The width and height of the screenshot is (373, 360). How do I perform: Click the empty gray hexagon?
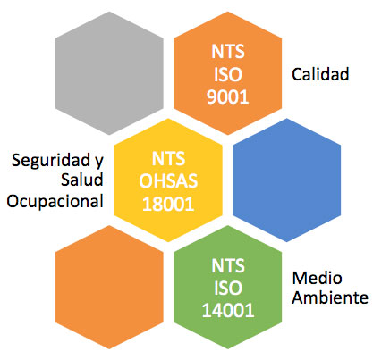tap(109, 73)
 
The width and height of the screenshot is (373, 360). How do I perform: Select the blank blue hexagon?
tap(286, 180)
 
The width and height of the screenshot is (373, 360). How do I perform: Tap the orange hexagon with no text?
tap(109, 287)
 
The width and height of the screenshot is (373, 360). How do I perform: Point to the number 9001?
tap(228, 96)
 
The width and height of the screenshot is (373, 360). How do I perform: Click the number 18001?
tap(168, 204)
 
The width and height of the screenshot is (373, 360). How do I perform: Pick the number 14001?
tap(228, 311)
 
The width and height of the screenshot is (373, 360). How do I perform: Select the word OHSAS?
tap(168, 181)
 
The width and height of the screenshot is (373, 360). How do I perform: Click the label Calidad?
tap(320, 74)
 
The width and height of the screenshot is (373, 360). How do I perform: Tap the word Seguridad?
tap(51, 161)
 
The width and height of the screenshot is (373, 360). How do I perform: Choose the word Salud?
tap(82, 180)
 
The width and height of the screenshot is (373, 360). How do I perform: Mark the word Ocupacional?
tap(55, 202)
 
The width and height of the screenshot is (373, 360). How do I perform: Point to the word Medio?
tap(317, 278)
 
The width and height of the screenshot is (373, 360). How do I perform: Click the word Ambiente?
tap(330, 297)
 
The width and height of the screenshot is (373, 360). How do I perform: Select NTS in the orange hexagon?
tap(228, 52)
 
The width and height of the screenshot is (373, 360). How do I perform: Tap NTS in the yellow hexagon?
tap(168, 158)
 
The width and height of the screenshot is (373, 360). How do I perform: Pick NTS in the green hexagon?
tap(228, 265)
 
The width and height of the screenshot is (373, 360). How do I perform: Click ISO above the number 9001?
tap(228, 74)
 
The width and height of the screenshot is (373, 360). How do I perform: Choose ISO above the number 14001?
tap(228, 289)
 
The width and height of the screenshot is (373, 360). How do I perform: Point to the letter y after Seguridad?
tap(99, 163)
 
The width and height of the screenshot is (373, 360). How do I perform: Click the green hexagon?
tap(228, 287)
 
